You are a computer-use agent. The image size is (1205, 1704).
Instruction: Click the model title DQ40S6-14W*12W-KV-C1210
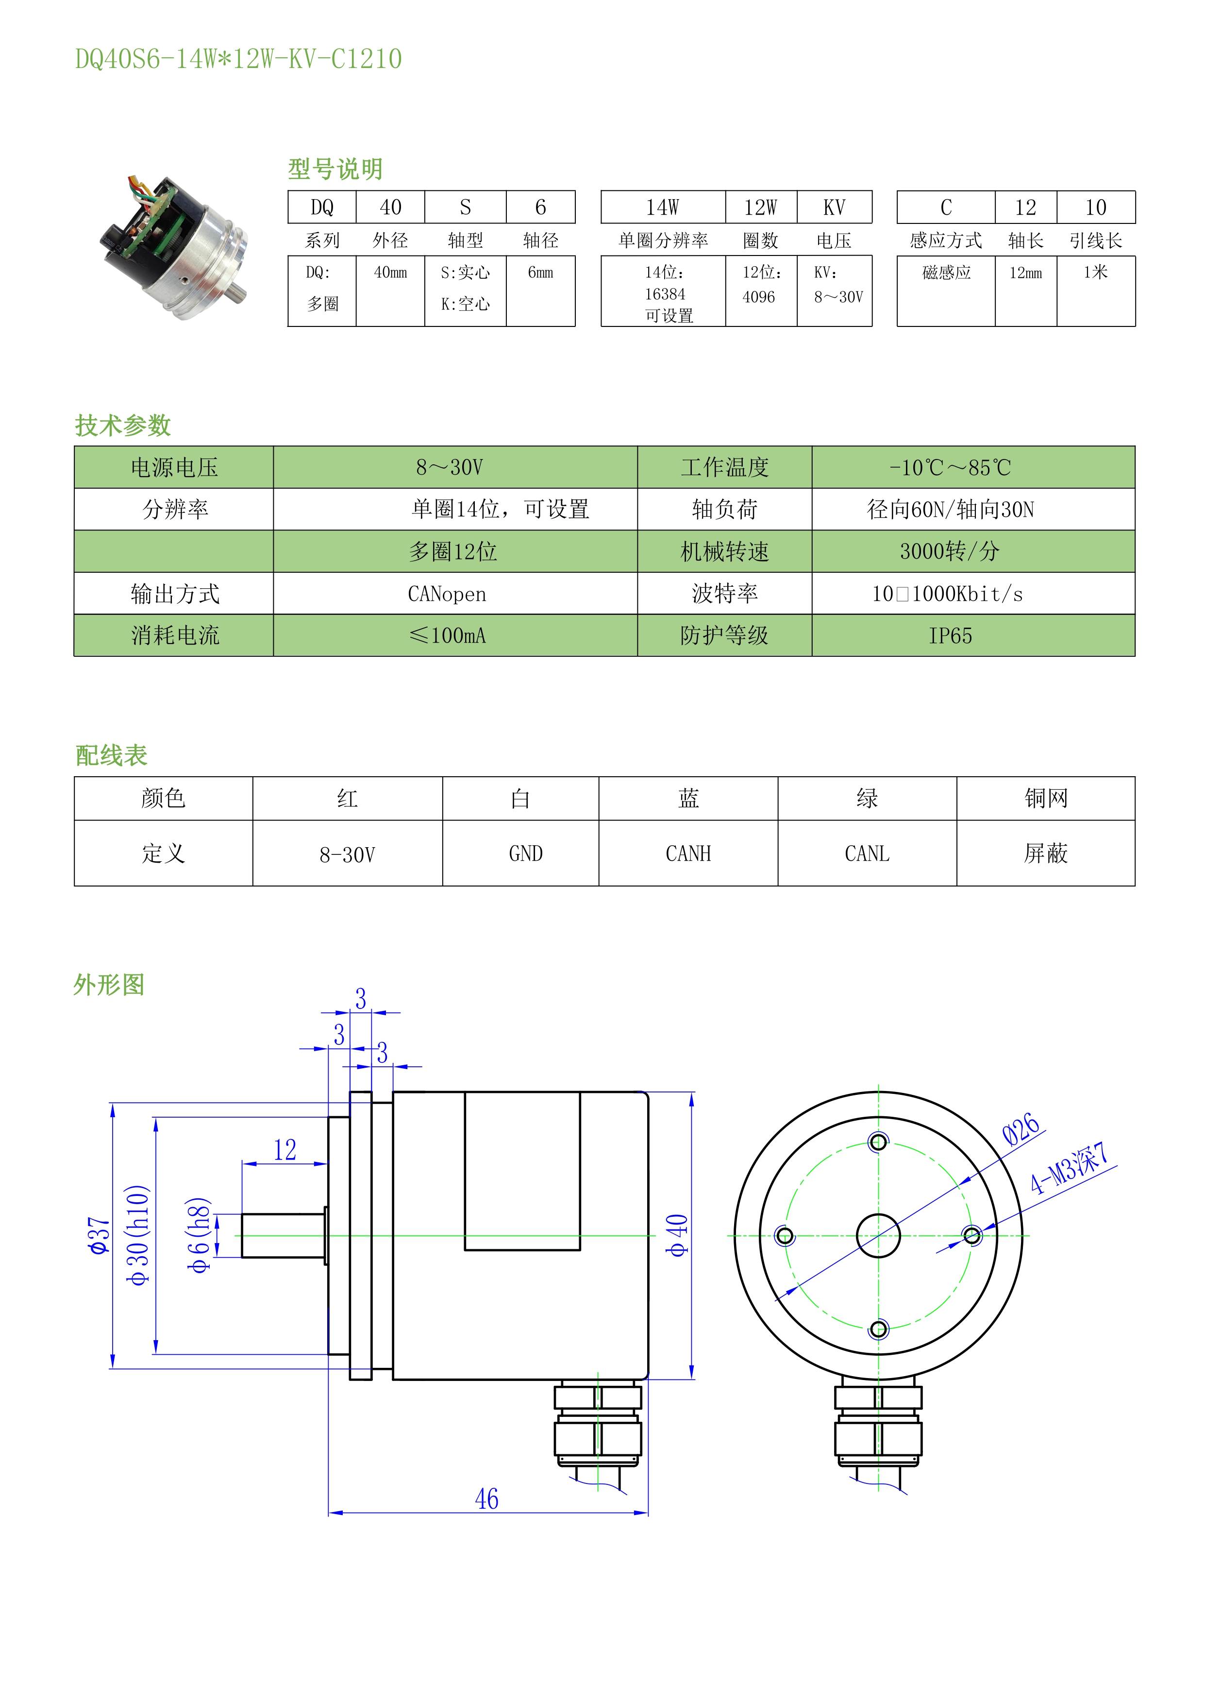pos(238,59)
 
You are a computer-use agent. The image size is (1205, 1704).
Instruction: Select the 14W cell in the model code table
pos(663,207)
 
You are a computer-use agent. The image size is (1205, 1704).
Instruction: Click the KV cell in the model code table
pos(835,207)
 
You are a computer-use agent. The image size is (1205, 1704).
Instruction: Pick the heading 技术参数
pos(123,425)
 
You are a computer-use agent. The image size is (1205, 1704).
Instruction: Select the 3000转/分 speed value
pos(950,551)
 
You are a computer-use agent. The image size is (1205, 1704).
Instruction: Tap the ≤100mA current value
pos(448,635)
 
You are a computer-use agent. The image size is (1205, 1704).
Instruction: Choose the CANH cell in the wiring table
pos(688,853)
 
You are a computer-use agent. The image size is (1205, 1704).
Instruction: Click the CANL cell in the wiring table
pos(867,853)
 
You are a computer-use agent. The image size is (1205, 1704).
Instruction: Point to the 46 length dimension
pos(487,1499)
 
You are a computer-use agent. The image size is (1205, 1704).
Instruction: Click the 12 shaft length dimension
pos(285,1150)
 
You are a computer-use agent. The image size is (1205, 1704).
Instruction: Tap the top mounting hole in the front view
pos(879,1142)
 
